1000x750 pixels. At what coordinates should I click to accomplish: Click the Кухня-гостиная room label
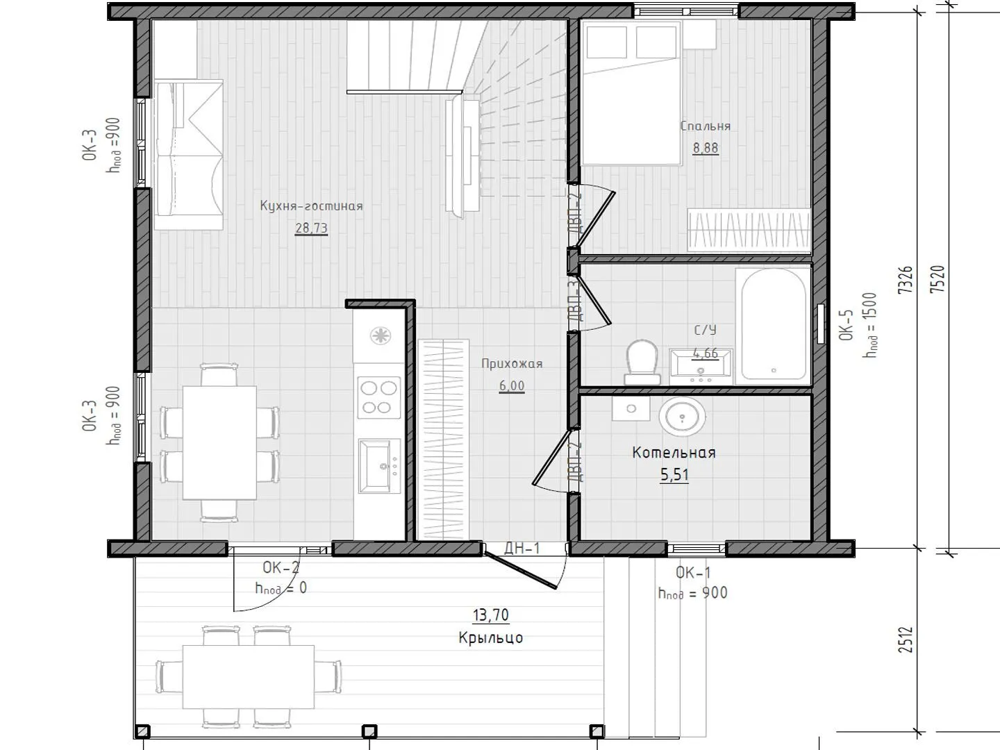pyautogui.click(x=312, y=206)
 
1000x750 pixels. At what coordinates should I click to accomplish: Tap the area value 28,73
pyautogui.click(x=312, y=228)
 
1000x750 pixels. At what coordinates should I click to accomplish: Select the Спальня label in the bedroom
pyautogui.click(x=706, y=126)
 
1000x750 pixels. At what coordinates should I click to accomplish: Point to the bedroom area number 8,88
pyautogui.click(x=706, y=148)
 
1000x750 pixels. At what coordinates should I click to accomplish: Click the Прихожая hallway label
pyautogui.click(x=512, y=364)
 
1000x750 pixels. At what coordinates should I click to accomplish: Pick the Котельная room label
pyautogui.click(x=674, y=453)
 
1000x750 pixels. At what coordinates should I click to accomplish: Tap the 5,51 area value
pyautogui.click(x=675, y=475)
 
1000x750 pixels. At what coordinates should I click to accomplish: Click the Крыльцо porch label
pyautogui.click(x=491, y=637)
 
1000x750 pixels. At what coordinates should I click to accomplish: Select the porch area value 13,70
pyautogui.click(x=491, y=615)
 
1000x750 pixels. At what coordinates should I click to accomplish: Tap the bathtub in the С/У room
pyautogui.click(x=773, y=324)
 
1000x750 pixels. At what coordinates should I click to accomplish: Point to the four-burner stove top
pyautogui.click(x=378, y=397)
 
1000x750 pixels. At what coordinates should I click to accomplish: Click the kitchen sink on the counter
pyautogui.click(x=379, y=466)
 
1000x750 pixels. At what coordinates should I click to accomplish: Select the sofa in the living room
pyautogui.click(x=189, y=155)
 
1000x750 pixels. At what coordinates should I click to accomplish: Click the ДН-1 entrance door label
pyautogui.click(x=522, y=549)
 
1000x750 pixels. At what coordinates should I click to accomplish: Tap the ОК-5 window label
pyautogui.click(x=846, y=325)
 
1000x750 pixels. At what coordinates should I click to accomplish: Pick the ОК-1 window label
pyautogui.click(x=693, y=572)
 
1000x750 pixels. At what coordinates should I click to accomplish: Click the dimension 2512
pyautogui.click(x=906, y=640)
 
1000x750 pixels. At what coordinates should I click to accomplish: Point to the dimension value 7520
pyautogui.click(x=937, y=279)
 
